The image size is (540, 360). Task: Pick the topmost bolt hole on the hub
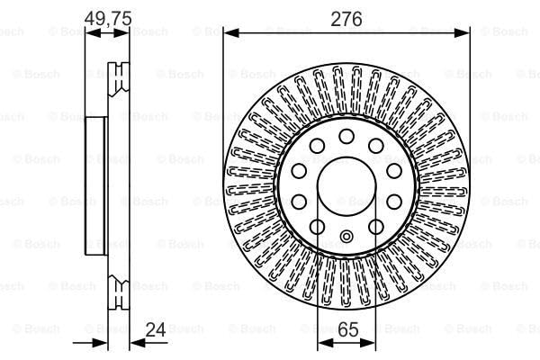[346, 137]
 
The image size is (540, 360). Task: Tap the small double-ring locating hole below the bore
[346, 238]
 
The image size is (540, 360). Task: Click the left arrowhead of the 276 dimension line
[229, 32]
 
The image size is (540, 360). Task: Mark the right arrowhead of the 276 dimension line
[464, 32]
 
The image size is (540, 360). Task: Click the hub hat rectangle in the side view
[96, 185]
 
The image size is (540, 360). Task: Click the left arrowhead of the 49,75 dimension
[90, 32]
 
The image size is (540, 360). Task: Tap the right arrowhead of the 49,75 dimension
[126, 32]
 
